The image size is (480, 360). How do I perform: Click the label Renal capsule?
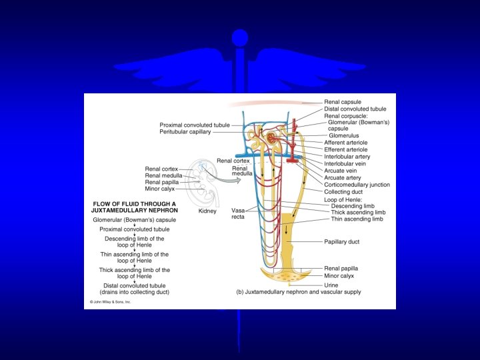click(342, 102)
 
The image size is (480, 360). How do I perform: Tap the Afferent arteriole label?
click(345, 143)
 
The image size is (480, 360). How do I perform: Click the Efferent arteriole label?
click(345, 150)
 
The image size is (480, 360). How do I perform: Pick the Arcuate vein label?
click(339, 171)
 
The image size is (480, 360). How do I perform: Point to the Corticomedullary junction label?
click(357, 185)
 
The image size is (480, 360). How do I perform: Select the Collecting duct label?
click(343, 192)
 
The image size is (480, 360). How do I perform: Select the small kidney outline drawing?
click(207, 184)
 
